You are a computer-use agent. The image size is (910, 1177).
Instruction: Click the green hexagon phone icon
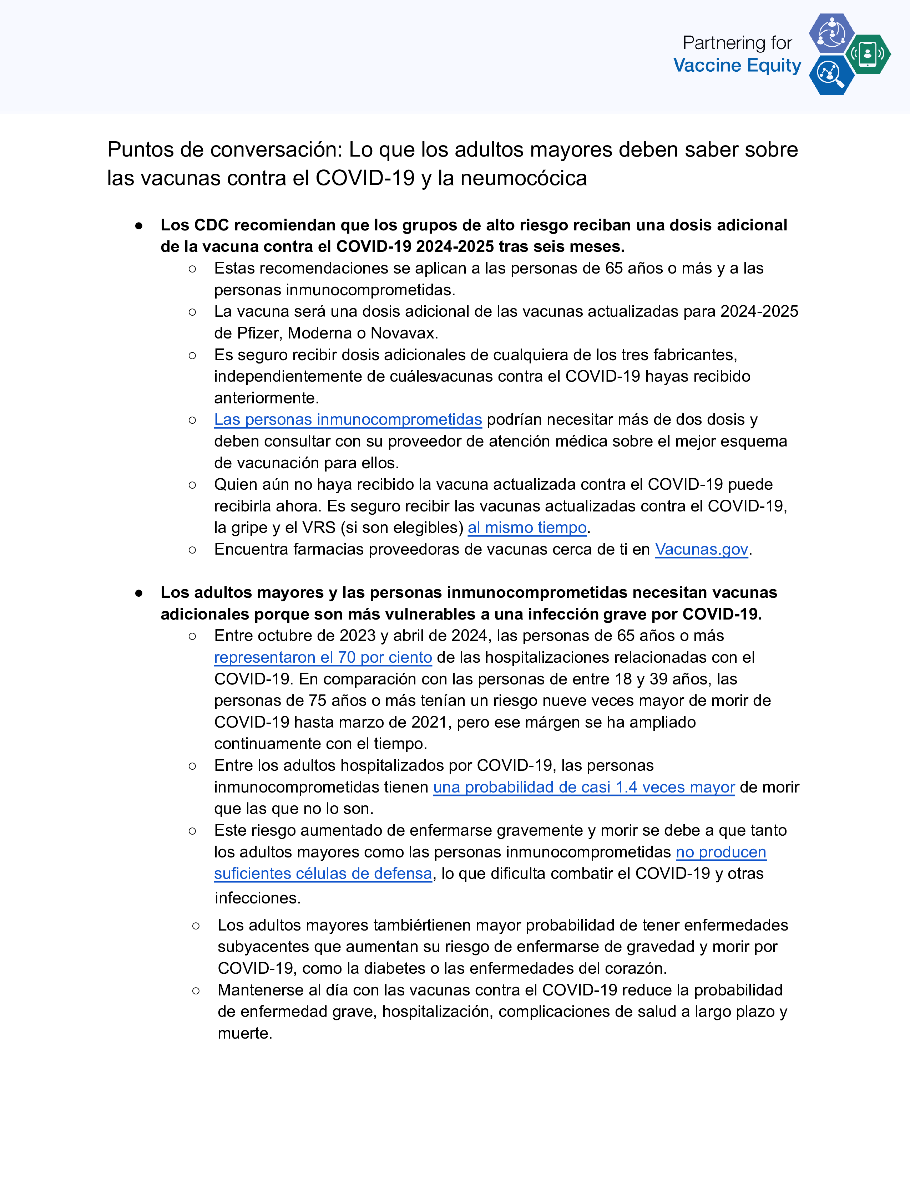click(x=868, y=54)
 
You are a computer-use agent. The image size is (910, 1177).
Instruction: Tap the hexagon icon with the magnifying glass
click(x=831, y=75)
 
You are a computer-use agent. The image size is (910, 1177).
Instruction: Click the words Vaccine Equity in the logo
click(x=737, y=65)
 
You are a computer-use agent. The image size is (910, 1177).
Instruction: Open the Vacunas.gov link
click(x=701, y=549)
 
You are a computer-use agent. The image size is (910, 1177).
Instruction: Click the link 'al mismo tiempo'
click(x=527, y=528)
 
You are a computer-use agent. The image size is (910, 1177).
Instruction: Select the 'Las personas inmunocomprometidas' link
click(x=348, y=419)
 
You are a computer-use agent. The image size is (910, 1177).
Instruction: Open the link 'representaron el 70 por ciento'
click(x=323, y=657)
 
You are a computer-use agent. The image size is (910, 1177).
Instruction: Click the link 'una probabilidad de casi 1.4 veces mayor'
click(x=584, y=788)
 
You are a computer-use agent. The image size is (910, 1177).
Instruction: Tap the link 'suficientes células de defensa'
click(x=323, y=873)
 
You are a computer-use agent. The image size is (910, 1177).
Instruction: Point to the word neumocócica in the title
click(x=524, y=178)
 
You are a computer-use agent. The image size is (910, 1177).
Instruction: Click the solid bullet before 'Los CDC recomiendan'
click(x=139, y=226)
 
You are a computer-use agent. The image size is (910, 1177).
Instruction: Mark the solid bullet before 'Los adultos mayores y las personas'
click(x=139, y=593)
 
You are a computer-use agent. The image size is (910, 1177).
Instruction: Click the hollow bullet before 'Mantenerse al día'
click(x=196, y=990)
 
